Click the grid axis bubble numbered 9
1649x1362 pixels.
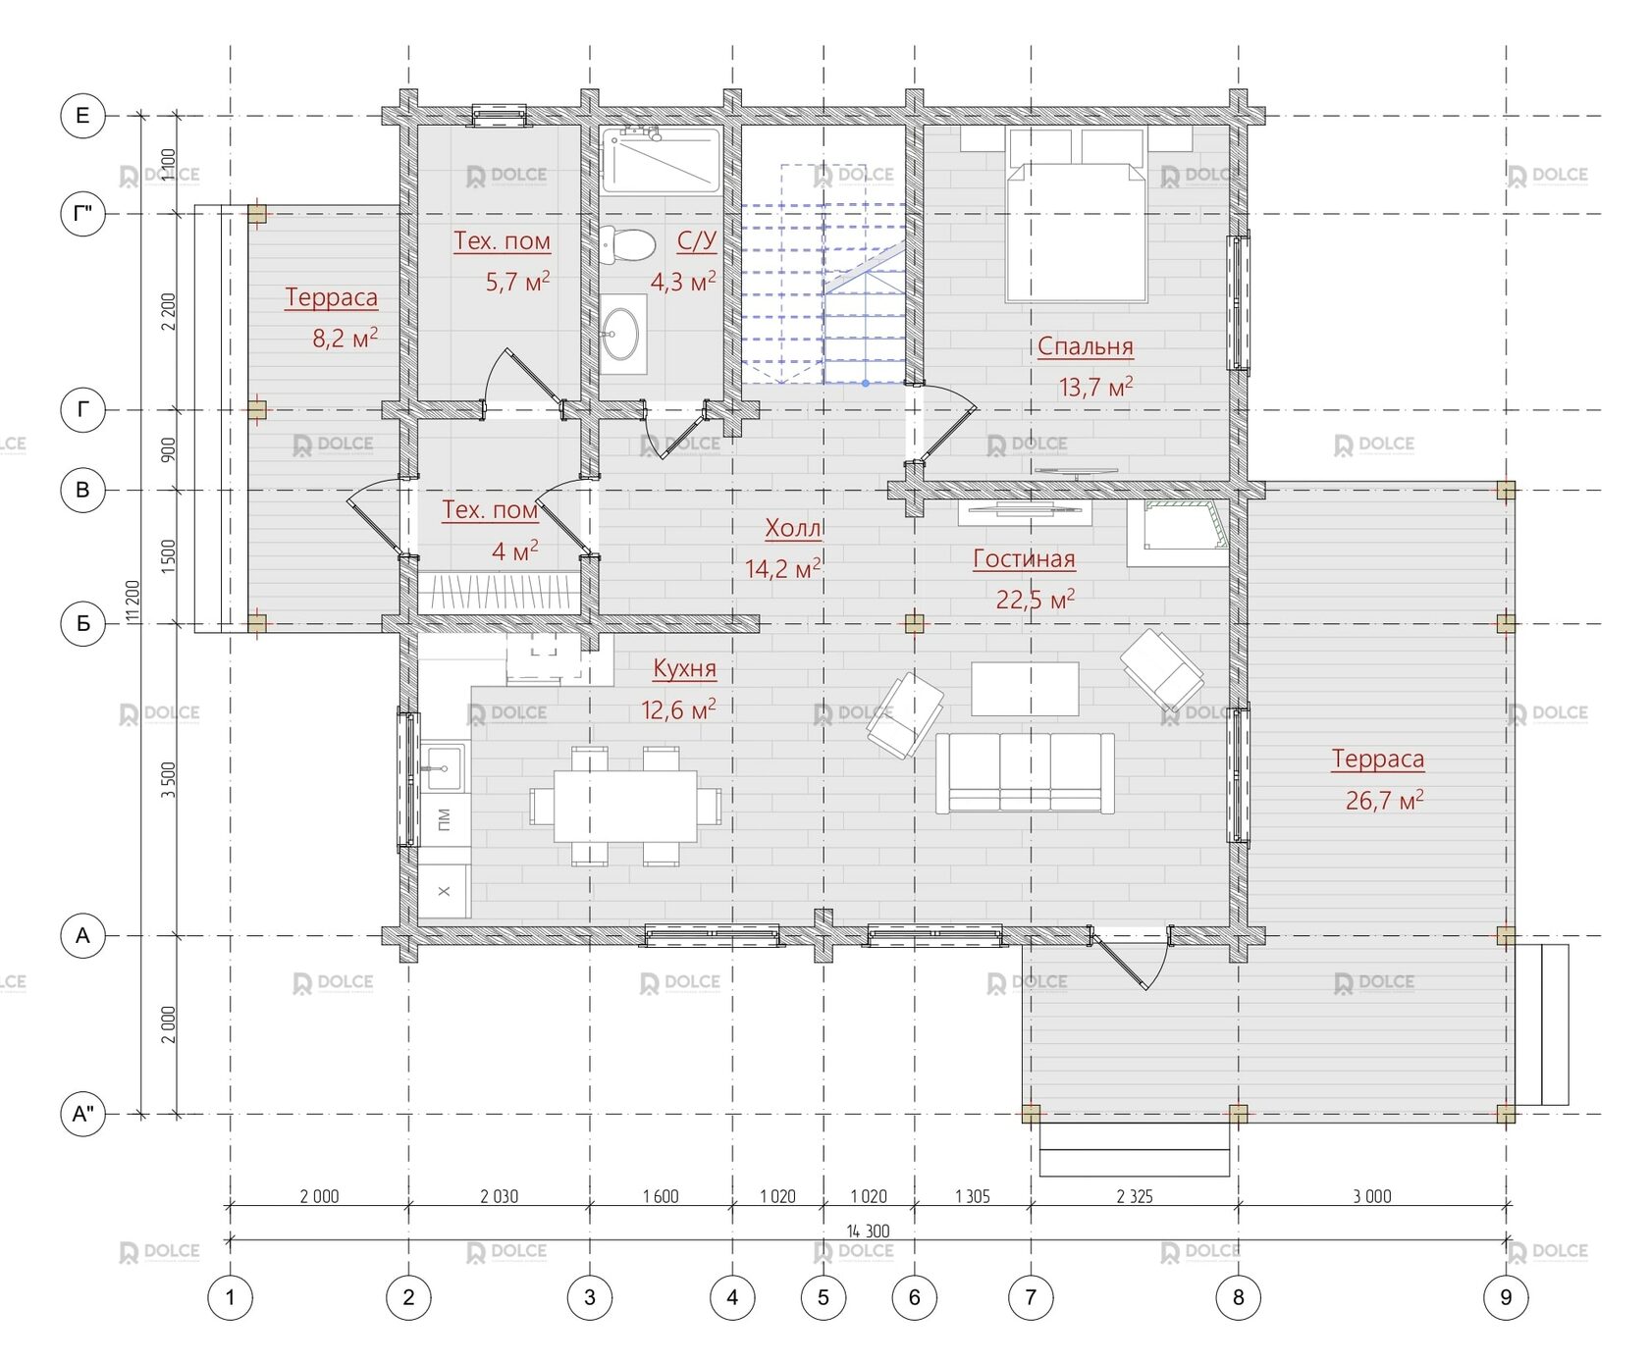[1506, 1297]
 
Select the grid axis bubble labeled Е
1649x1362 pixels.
[82, 116]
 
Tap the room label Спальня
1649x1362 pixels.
[1086, 346]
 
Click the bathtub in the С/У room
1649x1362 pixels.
[661, 159]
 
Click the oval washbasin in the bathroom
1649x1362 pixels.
[621, 335]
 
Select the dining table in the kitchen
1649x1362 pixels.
[625, 806]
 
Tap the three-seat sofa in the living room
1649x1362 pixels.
[1025, 772]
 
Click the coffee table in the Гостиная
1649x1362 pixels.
[1025, 689]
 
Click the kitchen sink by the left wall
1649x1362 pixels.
[444, 766]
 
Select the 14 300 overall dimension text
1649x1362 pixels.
[868, 1231]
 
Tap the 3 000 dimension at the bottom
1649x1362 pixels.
[1372, 1196]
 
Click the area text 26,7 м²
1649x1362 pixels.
[1384, 800]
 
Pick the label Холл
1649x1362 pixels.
[793, 529]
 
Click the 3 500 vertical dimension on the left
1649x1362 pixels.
[169, 780]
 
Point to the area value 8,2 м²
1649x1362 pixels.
[345, 338]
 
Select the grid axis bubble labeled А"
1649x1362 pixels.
[82, 1114]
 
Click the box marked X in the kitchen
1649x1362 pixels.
[444, 891]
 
